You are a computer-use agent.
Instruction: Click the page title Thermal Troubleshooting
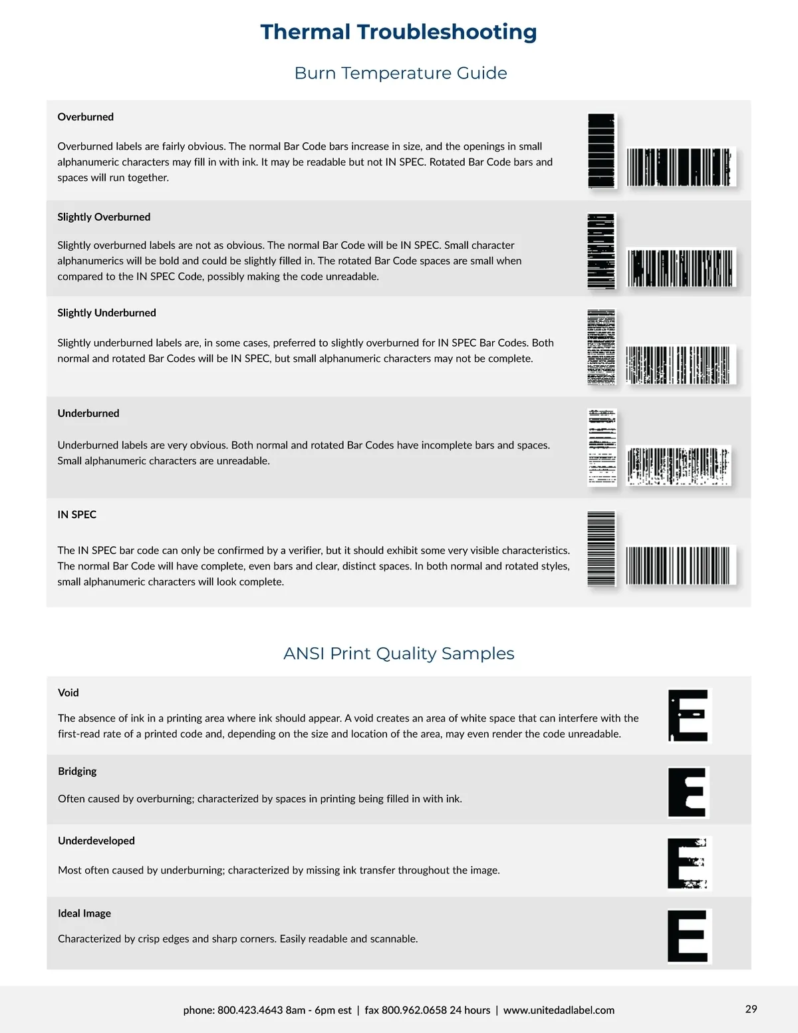pos(398,32)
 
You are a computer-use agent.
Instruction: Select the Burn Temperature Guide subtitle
pos(400,73)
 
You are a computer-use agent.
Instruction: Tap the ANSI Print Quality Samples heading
pos(398,653)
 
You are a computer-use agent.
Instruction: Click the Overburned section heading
pos(85,117)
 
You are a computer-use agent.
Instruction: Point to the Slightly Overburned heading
pos(104,217)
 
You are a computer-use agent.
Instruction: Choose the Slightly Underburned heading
pos(106,313)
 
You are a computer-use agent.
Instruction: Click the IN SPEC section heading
pos(76,514)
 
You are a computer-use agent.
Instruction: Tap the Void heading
pos(68,692)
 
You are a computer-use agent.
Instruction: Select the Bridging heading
pos(77,771)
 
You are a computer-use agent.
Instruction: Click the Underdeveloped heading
pos(96,841)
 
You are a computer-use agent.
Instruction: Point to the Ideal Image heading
pos(84,913)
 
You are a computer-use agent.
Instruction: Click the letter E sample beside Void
pos(689,716)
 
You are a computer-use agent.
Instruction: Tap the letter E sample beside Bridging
pos(688,792)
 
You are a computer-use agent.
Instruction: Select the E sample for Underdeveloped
pos(689,863)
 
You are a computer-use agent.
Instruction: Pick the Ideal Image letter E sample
pos(689,936)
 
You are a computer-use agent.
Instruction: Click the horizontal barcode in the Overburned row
pos(681,167)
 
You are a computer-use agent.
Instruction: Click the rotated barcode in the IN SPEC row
pos(601,549)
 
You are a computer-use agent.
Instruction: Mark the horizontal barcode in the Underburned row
pos(678,466)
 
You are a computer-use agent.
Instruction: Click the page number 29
pos(751,1009)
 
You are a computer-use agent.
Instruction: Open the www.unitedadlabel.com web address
pos(559,1010)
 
